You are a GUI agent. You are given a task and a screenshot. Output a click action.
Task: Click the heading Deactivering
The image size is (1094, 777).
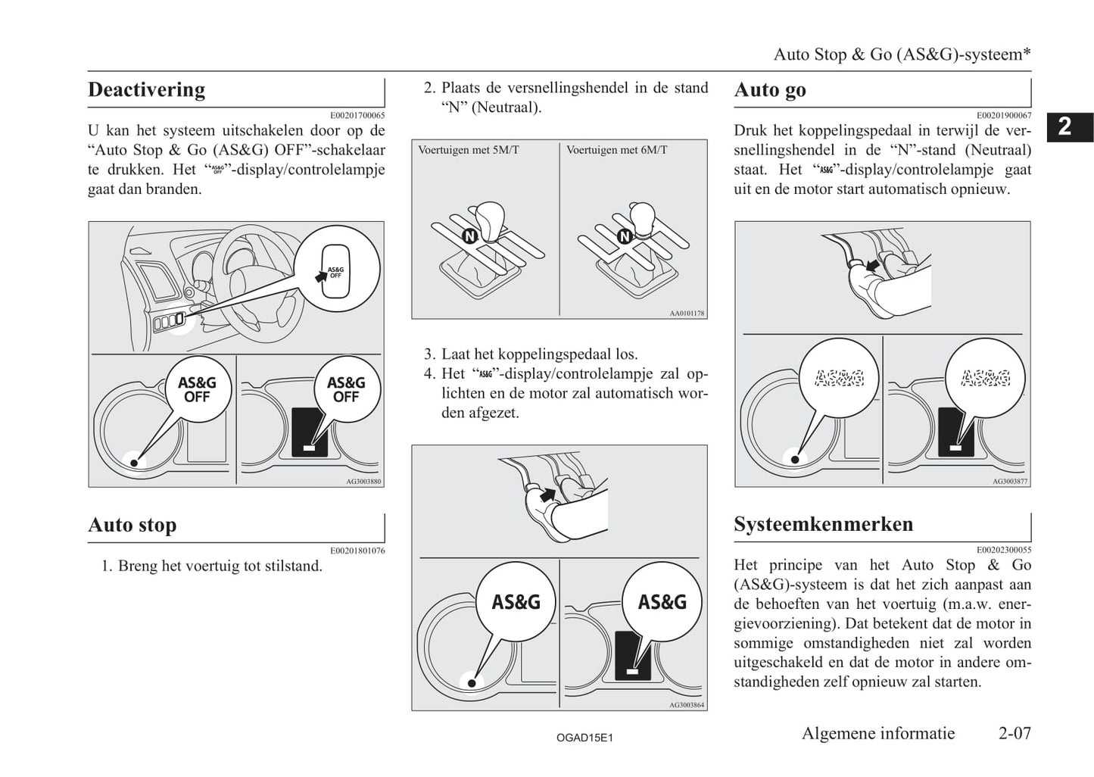tap(146, 89)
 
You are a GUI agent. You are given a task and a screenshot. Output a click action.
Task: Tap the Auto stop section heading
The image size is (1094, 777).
tap(132, 525)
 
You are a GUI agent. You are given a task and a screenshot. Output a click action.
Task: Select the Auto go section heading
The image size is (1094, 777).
tap(769, 90)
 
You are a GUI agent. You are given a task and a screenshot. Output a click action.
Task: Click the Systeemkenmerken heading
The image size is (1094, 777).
tap(823, 524)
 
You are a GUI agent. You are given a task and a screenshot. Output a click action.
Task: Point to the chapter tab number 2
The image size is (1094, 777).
tap(1064, 126)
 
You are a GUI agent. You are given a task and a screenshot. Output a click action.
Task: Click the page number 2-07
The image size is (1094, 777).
tap(1015, 733)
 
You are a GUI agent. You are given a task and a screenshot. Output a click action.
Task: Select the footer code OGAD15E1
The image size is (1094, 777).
tap(584, 737)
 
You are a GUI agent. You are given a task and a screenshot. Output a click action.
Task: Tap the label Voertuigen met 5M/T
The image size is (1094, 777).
tap(469, 150)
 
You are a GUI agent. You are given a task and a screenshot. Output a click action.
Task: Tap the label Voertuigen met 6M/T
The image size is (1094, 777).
tap(617, 150)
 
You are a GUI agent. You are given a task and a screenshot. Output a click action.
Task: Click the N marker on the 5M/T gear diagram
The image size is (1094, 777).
tap(469, 236)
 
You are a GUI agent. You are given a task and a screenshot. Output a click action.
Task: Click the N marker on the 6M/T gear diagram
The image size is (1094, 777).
tap(625, 236)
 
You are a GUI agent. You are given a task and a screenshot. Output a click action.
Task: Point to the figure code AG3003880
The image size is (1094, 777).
tap(363, 481)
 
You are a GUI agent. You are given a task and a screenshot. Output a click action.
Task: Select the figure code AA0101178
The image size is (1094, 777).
tap(687, 313)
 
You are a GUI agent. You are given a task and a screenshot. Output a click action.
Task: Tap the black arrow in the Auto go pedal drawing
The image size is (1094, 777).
tap(873, 265)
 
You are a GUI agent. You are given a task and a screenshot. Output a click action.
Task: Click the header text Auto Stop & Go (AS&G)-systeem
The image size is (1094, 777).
tap(902, 55)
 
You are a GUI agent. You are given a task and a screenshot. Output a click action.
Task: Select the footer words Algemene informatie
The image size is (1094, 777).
tap(878, 733)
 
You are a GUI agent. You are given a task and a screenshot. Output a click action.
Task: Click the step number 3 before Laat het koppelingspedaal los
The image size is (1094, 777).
tap(429, 354)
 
